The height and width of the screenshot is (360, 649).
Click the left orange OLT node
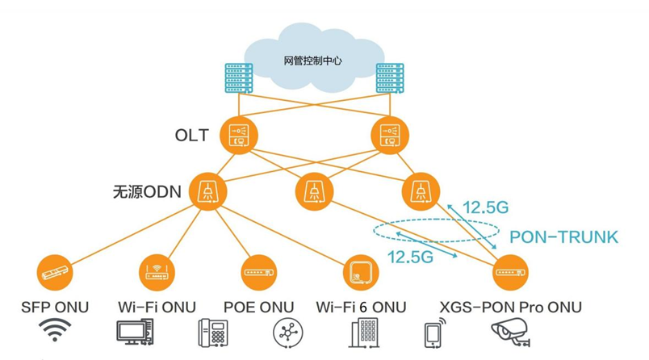240,136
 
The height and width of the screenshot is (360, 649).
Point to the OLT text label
191,136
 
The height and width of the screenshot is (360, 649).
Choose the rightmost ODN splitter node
420,192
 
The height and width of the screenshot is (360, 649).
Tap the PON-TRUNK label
565,237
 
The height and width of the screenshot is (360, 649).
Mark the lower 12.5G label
410,257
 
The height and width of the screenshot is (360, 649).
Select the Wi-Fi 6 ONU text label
362,307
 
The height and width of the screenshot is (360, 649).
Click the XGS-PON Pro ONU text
513,307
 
